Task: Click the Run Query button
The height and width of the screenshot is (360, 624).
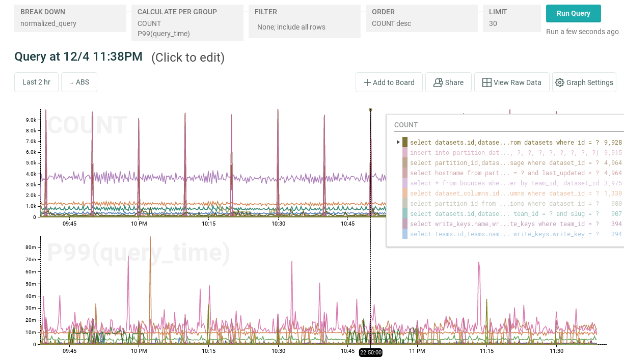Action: pos(573,14)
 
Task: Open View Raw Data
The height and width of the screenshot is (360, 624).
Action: pos(511,82)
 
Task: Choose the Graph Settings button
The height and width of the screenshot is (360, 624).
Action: pos(584,82)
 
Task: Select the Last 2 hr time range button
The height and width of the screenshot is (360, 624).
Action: pos(36,82)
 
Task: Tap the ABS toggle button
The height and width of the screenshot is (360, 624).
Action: pos(79,82)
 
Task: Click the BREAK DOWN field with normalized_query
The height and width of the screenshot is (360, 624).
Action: pos(70,18)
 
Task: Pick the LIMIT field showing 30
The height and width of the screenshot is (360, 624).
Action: pos(511,18)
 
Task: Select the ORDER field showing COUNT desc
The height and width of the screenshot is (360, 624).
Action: pos(421,18)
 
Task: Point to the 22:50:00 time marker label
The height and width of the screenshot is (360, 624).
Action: pos(370,352)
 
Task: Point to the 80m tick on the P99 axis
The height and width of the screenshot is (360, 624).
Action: pos(30,247)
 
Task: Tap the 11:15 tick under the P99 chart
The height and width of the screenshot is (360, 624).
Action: pos(486,351)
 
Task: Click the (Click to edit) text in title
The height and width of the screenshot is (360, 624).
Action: pos(187,58)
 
